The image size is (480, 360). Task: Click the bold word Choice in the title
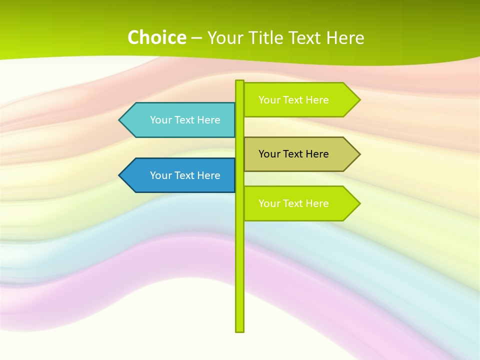tap(156, 37)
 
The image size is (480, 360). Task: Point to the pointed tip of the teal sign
tap(120, 120)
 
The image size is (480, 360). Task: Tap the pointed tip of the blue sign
tap(120, 175)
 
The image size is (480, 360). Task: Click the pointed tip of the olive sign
tap(359, 154)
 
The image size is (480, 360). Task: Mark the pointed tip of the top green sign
tap(359, 100)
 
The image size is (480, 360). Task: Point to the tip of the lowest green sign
tap(359, 203)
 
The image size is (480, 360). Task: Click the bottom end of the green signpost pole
tap(240, 330)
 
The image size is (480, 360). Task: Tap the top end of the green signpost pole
tap(240, 81)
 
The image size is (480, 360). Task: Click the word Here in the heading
tap(345, 38)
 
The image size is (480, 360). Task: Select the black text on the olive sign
tap(293, 154)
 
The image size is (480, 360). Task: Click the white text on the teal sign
tap(185, 120)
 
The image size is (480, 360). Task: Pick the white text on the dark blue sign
tap(185, 175)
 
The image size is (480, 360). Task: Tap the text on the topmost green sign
tap(293, 100)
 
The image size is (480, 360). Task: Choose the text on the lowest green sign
tap(293, 203)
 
